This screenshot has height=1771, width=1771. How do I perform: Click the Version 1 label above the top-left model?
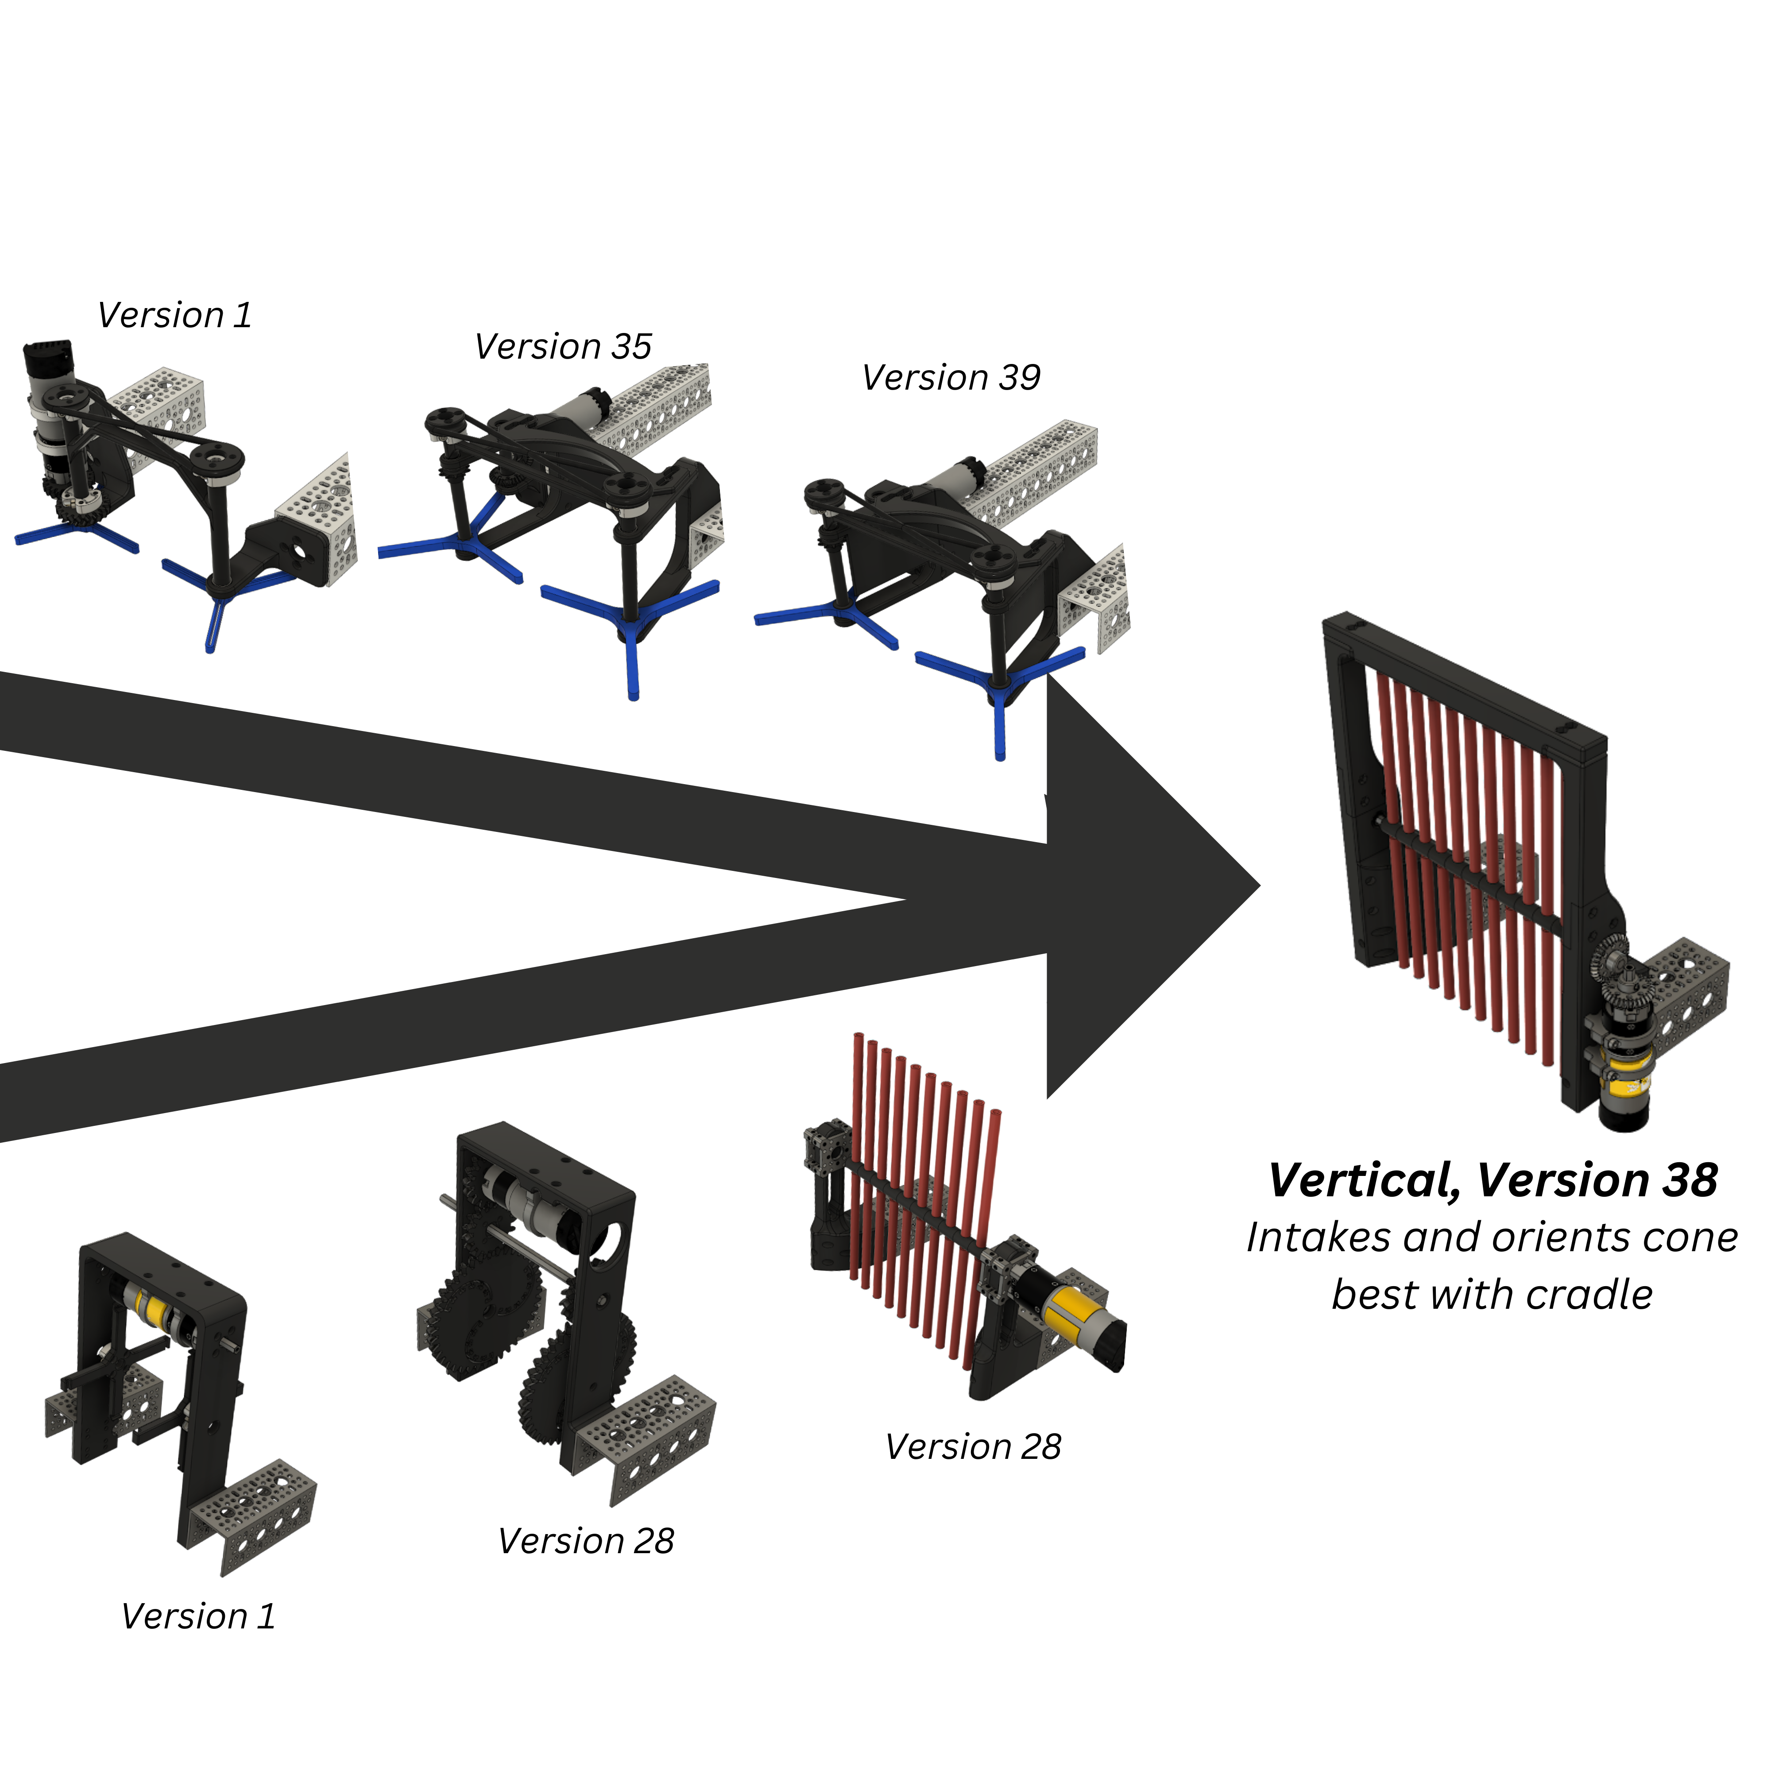[x=174, y=315]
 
